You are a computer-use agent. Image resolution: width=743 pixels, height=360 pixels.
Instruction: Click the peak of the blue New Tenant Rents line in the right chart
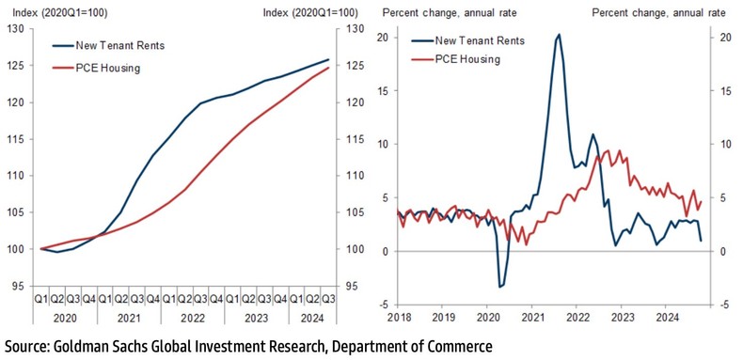[x=559, y=35]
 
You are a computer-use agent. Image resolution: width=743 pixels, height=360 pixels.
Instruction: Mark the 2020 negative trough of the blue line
[x=499, y=286]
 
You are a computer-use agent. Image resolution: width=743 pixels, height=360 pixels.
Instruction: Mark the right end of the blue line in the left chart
[x=327, y=60]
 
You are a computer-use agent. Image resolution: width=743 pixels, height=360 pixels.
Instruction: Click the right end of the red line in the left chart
[x=327, y=68]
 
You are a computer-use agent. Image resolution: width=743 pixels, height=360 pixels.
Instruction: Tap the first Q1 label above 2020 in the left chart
[x=41, y=299]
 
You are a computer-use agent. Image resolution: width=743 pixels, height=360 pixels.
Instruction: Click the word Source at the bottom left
[x=29, y=346]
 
